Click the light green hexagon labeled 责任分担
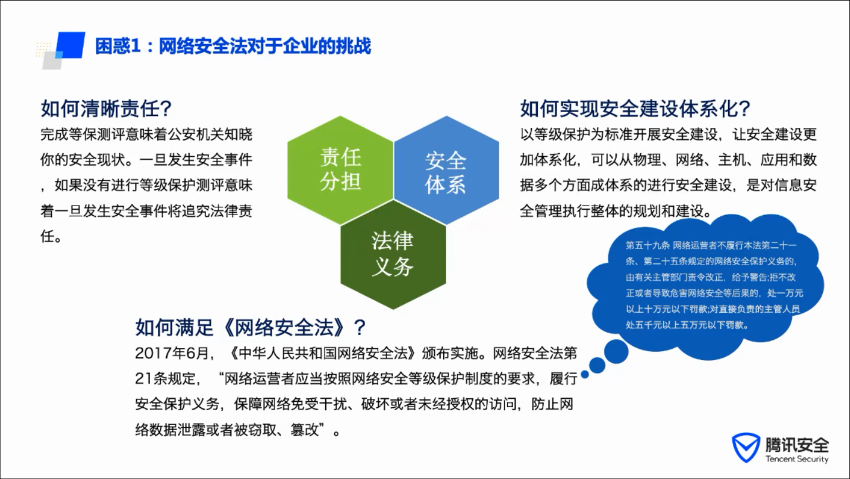point(340,170)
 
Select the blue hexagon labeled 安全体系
point(447,170)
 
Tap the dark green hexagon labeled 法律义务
point(393,255)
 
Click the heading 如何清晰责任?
point(106,109)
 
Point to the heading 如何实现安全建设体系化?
point(635,109)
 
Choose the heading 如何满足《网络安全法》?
point(250,327)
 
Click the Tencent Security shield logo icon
point(746,448)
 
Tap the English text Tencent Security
point(797,459)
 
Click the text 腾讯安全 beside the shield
point(797,444)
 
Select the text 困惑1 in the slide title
point(118,47)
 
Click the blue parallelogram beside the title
point(71,45)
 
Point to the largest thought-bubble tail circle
point(616,352)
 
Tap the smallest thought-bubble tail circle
point(585,375)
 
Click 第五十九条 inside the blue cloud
point(647,246)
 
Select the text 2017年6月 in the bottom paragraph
point(171,354)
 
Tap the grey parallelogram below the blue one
point(53,61)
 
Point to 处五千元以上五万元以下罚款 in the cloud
point(687,325)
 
